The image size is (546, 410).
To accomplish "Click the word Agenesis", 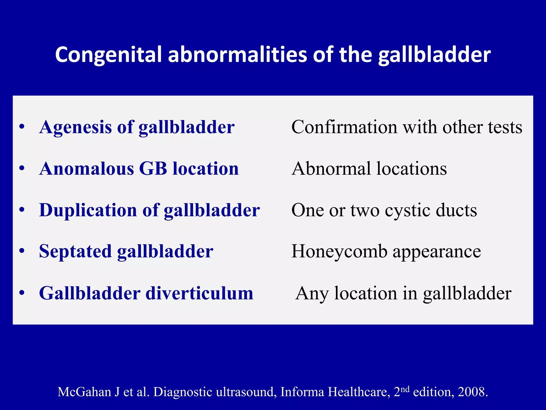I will (x=75, y=127).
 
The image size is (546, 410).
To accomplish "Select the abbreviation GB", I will (x=153, y=169).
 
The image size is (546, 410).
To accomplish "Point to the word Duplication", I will (x=88, y=210).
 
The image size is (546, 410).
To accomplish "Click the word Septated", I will (x=75, y=251).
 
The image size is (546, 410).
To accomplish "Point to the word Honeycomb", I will (x=339, y=251).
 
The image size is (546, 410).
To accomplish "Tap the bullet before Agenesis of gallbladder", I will (x=22, y=127).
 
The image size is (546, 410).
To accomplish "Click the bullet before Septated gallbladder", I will (x=22, y=251).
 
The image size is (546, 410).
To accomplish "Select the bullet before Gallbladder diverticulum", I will (x=22, y=293).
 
